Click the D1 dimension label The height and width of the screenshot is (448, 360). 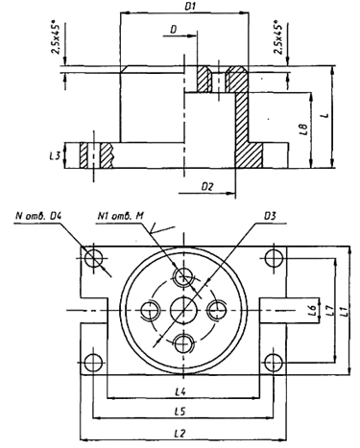(190, 7)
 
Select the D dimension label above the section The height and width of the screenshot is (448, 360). (174, 30)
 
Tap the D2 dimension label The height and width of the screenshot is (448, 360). (207, 186)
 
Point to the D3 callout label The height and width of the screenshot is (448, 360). (270, 217)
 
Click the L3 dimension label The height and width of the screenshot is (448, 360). (55, 156)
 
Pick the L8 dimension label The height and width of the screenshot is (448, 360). (304, 129)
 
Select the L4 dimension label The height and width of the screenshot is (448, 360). (180, 391)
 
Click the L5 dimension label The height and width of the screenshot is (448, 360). (180, 412)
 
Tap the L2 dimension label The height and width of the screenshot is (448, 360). (180, 434)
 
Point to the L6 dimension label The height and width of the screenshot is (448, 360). (313, 310)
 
